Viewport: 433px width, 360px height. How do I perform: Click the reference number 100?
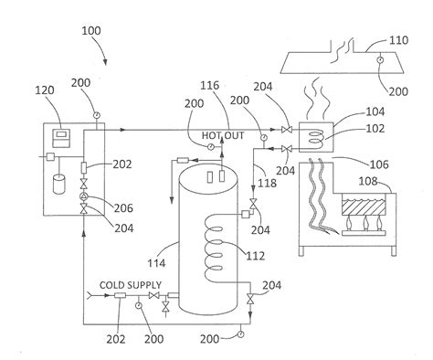point(91,31)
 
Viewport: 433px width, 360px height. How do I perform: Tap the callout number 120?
point(45,90)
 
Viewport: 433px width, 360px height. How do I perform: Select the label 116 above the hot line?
point(209,86)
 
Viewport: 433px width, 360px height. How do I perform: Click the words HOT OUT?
point(223,135)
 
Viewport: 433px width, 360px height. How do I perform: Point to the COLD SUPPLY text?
point(131,285)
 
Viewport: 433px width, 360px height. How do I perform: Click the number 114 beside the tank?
point(156,263)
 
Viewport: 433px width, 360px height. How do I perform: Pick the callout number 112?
point(255,256)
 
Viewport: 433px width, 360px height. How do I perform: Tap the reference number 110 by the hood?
point(398,40)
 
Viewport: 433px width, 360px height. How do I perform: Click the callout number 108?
point(368,182)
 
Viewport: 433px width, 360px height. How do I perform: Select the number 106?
point(379,164)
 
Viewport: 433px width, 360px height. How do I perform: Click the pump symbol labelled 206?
point(84,196)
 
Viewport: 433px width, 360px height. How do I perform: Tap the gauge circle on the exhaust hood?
point(380,60)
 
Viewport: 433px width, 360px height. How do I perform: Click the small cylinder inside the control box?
point(59,184)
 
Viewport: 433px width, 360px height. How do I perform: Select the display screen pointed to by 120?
point(61,138)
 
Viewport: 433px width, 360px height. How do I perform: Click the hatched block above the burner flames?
point(364,207)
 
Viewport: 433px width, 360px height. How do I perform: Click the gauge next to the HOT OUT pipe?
point(211,147)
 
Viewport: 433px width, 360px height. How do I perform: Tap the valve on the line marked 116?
point(287,130)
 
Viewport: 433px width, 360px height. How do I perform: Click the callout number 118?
point(268,183)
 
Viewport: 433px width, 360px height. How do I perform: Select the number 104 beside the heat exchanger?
point(375,111)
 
